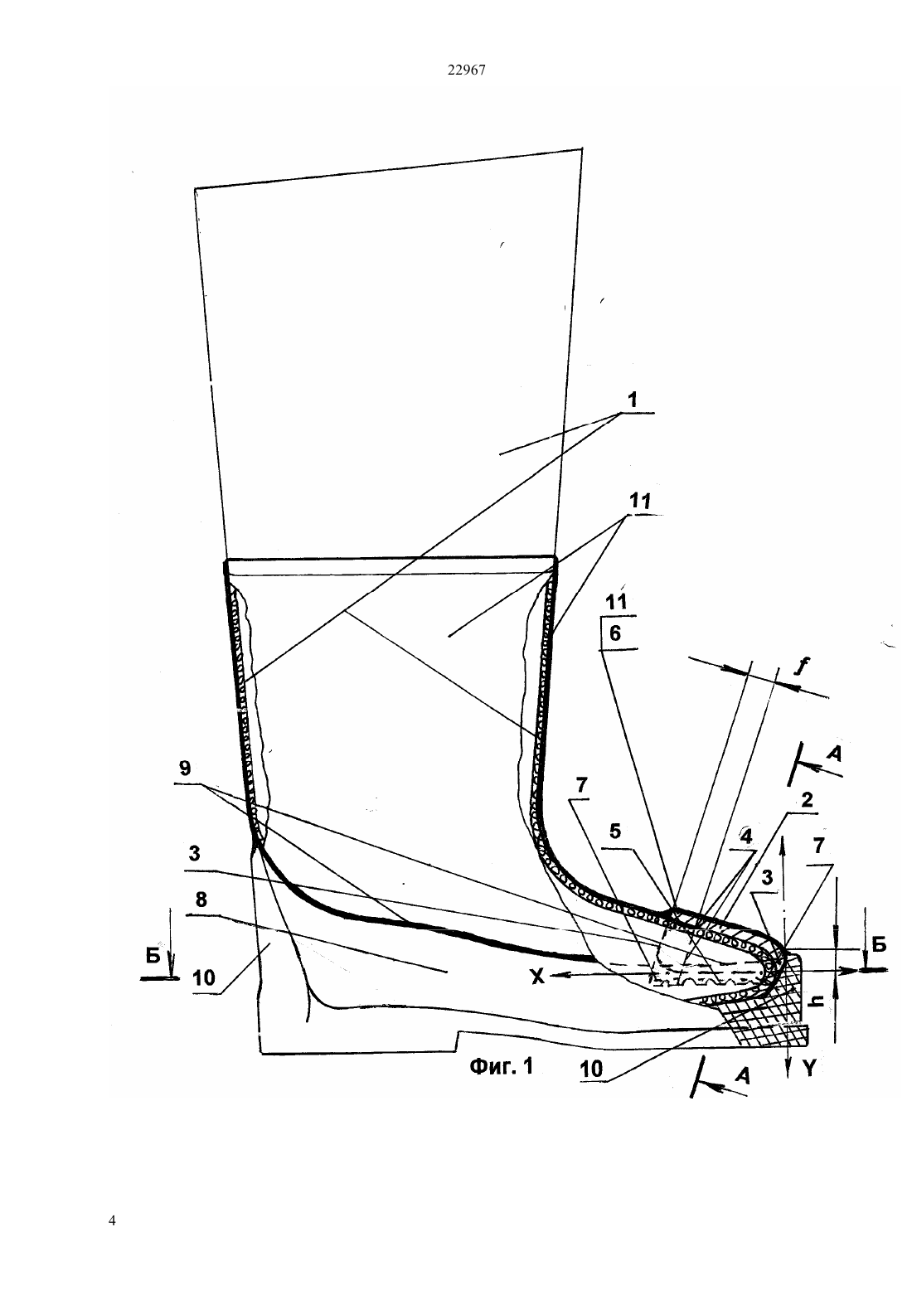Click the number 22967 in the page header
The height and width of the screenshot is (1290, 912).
point(466,70)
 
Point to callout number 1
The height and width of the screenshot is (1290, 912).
point(633,400)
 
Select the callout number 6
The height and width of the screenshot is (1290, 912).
point(615,633)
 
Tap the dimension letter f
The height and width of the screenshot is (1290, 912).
point(801,666)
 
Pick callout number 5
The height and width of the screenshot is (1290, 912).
point(615,832)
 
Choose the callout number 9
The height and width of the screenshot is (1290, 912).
point(184,769)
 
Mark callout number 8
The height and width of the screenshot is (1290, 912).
point(201,900)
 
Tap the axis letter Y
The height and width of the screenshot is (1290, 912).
point(809,1069)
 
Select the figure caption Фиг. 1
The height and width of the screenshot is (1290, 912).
point(502,1066)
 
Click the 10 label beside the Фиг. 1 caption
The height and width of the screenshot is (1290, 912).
point(590,1069)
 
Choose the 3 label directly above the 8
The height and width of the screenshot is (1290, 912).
point(194,853)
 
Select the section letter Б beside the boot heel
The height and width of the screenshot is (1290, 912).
point(153,957)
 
